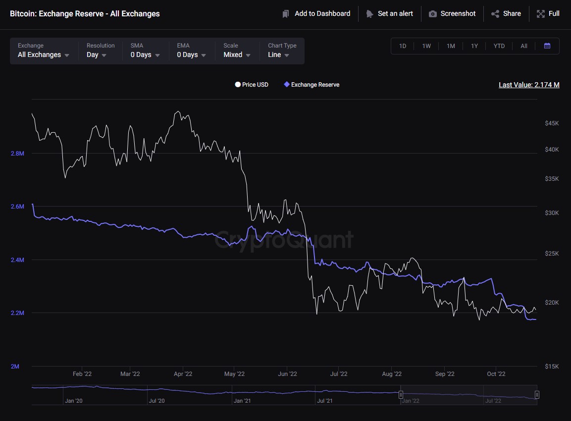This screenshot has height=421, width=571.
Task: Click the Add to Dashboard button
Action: point(316,14)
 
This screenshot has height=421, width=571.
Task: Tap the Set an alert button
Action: point(389,14)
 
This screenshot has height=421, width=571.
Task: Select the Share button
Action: point(506,14)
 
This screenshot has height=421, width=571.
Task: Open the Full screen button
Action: point(548,14)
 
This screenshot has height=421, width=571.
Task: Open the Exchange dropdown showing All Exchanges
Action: point(44,51)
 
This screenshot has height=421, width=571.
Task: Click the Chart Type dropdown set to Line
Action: point(279,51)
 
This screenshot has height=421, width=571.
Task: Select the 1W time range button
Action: point(426,46)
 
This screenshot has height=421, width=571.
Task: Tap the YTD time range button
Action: point(499,46)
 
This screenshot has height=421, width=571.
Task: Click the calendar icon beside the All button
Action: point(547,46)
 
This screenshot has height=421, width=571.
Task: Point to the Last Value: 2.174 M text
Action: point(529,85)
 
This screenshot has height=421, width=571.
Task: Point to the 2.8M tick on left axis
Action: point(17,154)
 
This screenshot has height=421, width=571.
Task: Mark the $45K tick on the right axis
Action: point(551,123)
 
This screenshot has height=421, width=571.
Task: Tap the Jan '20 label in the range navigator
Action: point(73,401)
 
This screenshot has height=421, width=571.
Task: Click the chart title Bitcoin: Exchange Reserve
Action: point(85,14)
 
